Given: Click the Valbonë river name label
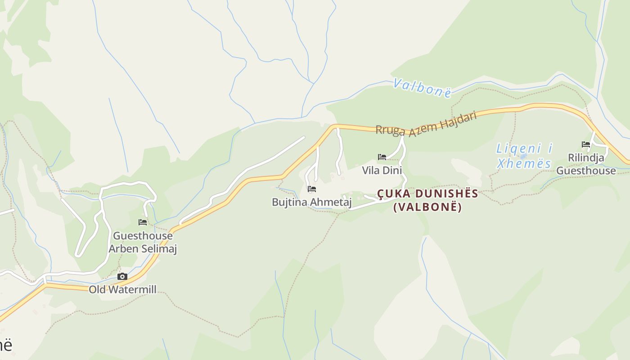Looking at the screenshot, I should [x=422, y=88].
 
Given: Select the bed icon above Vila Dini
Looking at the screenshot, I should [x=382, y=157].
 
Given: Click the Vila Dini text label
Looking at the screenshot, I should [x=382, y=171].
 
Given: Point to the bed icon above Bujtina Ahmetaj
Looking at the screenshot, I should [x=312, y=189].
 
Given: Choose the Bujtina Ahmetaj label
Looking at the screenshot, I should [x=311, y=202].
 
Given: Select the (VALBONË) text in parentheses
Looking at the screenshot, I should [x=427, y=207].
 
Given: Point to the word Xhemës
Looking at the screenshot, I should [x=524, y=163].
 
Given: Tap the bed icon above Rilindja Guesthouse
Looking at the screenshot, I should [x=585, y=144].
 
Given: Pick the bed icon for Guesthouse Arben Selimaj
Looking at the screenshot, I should [x=143, y=222].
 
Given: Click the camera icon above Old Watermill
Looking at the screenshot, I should [x=122, y=276].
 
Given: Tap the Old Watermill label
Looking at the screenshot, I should [x=122, y=289].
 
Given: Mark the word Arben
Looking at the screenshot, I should [x=123, y=249].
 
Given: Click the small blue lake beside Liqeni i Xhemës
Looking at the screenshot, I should [x=523, y=156].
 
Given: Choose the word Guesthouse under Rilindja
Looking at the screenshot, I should [x=586, y=171].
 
